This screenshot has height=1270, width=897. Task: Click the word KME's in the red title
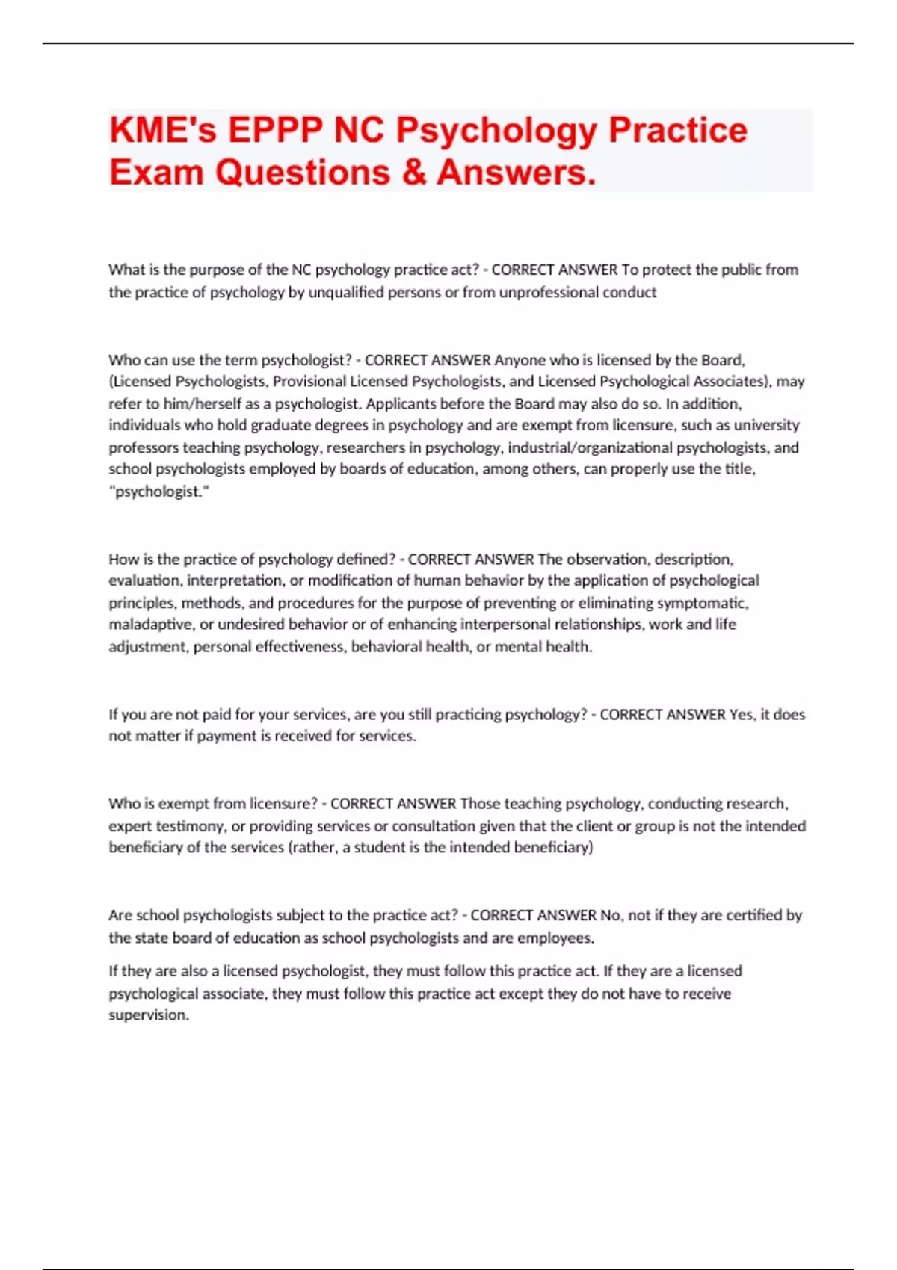[163, 130]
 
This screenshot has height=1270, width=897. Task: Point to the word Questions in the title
[302, 173]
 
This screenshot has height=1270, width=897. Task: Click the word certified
[755, 915]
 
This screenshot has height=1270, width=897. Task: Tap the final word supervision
[148, 1015]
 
